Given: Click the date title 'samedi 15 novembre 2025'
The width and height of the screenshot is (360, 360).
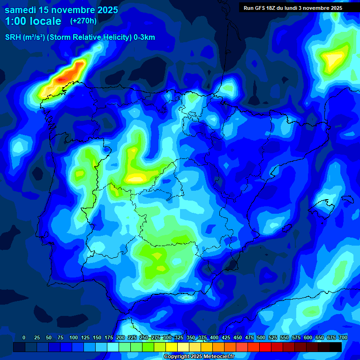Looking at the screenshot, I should [61, 10].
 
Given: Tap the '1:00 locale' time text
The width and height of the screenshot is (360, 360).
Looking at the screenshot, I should [33, 21].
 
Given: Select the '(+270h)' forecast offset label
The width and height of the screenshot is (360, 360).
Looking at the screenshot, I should [83, 21].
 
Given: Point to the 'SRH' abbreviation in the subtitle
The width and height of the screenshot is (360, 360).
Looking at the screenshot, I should [13, 37].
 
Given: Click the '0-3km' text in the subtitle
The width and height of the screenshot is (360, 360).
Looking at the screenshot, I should [144, 37].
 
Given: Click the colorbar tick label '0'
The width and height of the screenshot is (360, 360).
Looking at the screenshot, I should [24, 338].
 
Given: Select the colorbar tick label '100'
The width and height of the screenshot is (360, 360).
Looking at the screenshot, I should [73, 338].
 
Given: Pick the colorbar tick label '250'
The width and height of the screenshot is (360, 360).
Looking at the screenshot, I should [143, 338].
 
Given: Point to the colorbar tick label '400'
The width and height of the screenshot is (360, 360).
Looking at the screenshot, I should [214, 338].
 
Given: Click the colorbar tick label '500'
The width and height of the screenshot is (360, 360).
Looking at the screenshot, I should [261, 338].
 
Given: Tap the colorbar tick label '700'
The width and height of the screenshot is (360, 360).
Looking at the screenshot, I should [343, 338].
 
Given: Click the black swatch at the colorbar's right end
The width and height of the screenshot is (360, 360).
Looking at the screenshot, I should [336, 347].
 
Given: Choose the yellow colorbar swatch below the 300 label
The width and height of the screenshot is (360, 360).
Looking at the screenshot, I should [172, 347].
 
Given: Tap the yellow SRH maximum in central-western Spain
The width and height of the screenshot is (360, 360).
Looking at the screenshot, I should [137, 178].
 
